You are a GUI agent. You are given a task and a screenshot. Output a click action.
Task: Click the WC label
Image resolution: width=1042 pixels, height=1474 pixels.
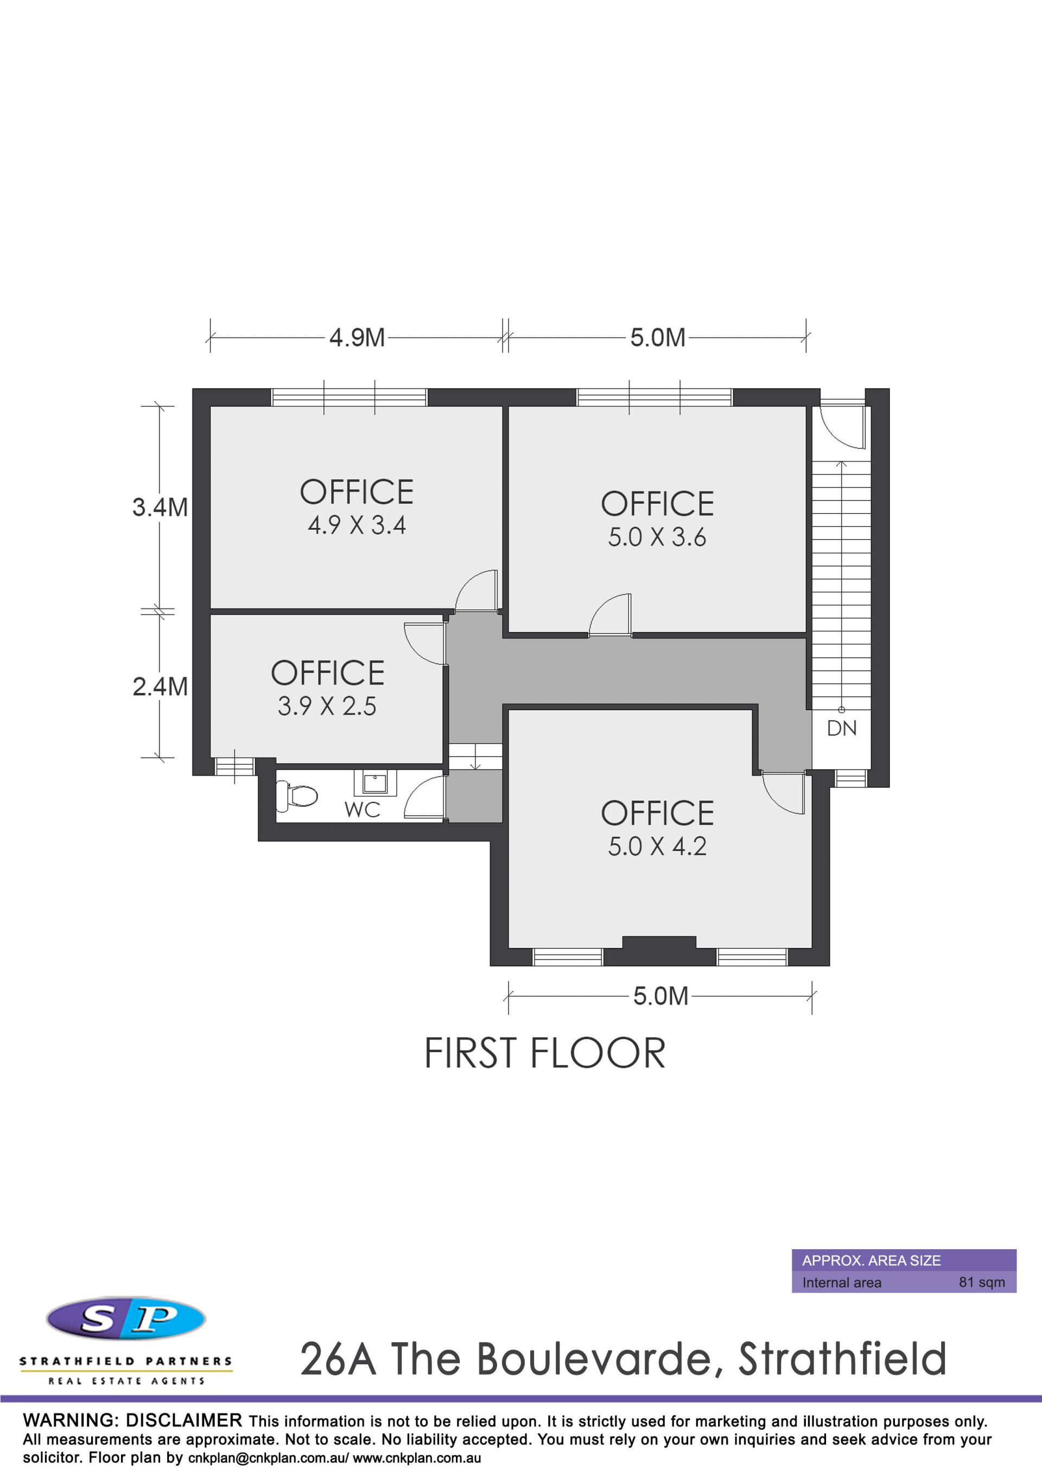(363, 810)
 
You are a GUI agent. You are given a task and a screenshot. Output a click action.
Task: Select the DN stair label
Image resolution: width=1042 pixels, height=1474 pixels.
(842, 728)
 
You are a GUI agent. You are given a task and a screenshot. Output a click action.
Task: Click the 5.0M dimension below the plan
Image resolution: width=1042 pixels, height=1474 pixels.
(661, 996)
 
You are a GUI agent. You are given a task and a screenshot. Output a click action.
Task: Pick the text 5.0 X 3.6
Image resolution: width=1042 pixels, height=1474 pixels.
(657, 537)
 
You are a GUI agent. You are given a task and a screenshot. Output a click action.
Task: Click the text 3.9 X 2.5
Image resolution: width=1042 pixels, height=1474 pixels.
(327, 707)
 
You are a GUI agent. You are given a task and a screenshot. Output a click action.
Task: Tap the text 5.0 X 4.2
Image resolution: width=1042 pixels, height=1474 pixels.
(657, 847)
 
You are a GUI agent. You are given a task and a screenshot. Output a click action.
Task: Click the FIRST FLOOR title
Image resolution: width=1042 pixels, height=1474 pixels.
(545, 1053)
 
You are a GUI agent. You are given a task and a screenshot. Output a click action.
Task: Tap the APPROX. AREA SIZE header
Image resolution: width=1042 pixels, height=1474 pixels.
(872, 1260)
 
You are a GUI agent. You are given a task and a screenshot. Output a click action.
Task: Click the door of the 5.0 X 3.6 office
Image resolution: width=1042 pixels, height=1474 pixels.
(610, 615)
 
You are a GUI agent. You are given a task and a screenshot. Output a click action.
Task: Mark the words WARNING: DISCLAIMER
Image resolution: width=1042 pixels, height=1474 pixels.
(133, 1421)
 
